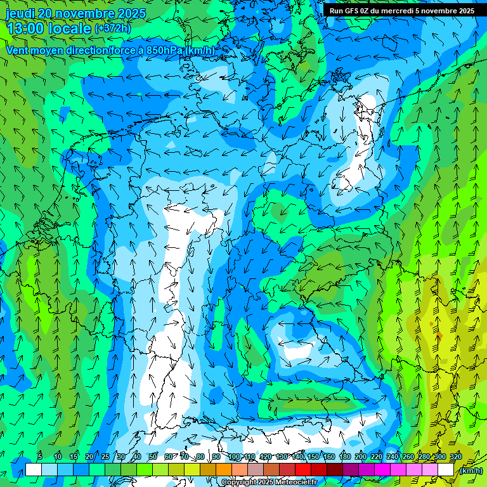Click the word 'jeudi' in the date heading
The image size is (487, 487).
pos(20,13)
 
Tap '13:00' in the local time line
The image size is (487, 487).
pos(27,28)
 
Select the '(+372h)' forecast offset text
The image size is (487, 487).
pos(113,29)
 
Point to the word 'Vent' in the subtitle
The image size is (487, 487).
pos(18,51)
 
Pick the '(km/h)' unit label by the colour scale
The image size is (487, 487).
pos(470,471)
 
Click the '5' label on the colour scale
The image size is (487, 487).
pos(40,457)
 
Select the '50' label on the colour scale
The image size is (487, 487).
pos(152,457)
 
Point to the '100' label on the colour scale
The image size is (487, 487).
pos(234,457)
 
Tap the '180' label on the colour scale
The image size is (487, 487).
pos(345,457)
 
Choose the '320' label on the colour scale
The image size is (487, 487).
pos(456,457)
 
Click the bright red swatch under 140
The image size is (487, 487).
pos(303,470)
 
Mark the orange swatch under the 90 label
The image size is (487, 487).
pos(224,470)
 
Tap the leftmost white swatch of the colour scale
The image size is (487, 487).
pos(34,470)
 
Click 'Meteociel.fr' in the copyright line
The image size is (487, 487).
pos(293,483)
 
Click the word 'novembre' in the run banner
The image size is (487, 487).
pos(439,11)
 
